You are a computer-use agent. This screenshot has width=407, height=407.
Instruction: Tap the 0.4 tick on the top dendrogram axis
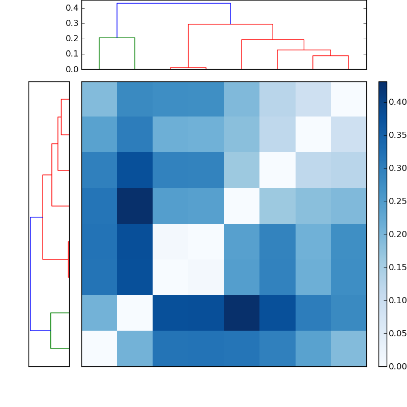72,8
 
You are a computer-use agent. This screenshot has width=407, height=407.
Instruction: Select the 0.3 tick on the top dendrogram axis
72,23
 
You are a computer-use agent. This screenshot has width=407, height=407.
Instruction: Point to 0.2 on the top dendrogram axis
72,39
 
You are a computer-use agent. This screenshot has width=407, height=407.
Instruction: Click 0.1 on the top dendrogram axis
72,54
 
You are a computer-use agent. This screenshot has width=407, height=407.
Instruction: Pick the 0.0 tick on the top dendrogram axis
72,69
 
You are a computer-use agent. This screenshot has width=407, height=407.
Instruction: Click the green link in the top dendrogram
117,38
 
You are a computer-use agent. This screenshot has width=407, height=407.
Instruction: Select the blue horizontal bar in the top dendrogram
173,4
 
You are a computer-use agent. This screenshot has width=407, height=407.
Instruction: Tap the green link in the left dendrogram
51,331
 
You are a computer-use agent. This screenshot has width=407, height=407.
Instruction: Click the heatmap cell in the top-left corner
99,99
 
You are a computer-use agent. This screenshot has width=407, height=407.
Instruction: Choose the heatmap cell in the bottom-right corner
348,348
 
